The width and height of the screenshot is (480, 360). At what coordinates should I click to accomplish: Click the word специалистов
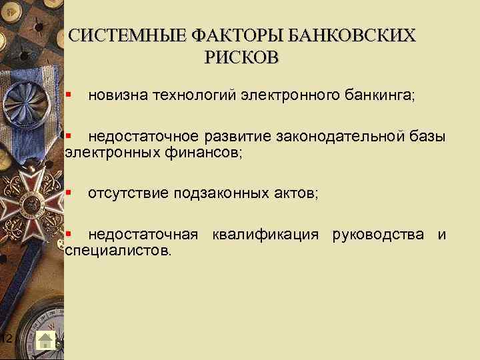pyautogui.click(x=118, y=251)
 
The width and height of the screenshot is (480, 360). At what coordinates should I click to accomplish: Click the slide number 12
pyautogui.click(x=6, y=340)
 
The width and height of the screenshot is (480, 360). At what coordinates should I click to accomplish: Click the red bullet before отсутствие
pyautogui.click(x=69, y=193)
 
